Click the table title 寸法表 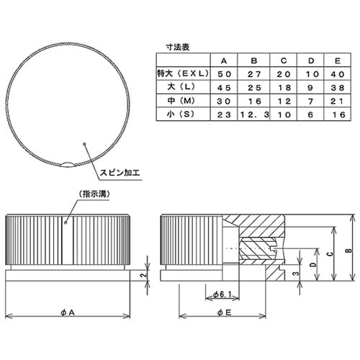coord(170,47)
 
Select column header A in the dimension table coord(223,60)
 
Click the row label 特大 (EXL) coord(181,73)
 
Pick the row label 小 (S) coord(181,114)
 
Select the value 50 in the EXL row coord(223,73)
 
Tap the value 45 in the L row coord(223,87)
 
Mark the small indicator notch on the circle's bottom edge coord(66,165)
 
